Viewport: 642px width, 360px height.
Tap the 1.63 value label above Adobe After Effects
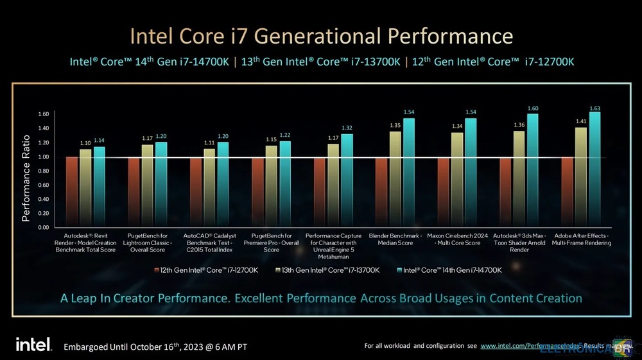tap(595, 108)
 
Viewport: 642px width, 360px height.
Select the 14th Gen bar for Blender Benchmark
tap(409, 173)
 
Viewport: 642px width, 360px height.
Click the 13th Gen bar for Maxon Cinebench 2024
tap(457, 180)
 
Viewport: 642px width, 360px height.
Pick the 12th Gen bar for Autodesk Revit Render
tap(71, 192)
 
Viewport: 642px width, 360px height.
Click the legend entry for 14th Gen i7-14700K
tap(449, 270)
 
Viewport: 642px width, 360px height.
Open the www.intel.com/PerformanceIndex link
tap(526, 347)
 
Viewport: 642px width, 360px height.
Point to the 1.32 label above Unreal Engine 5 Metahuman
tap(347, 128)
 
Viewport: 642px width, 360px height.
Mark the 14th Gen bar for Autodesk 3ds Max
tap(532, 171)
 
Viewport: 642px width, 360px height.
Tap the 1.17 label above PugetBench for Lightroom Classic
tap(148, 139)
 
